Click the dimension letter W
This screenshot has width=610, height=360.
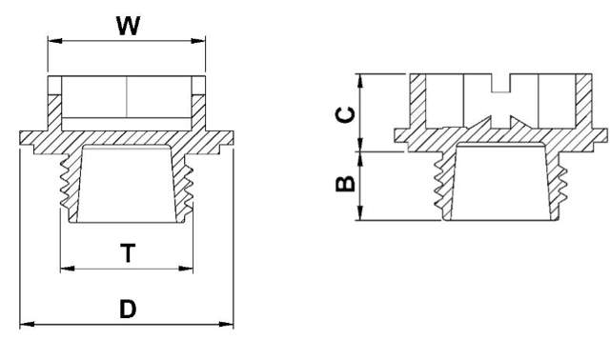[x=129, y=26]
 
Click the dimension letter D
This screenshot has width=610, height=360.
[x=128, y=310]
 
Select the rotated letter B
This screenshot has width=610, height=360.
[x=348, y=181]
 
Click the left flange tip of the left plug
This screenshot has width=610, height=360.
[x=21, y=139]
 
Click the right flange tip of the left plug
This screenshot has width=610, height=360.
[x=233, y=139]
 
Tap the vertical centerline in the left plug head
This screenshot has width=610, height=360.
[x=128, y=94]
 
